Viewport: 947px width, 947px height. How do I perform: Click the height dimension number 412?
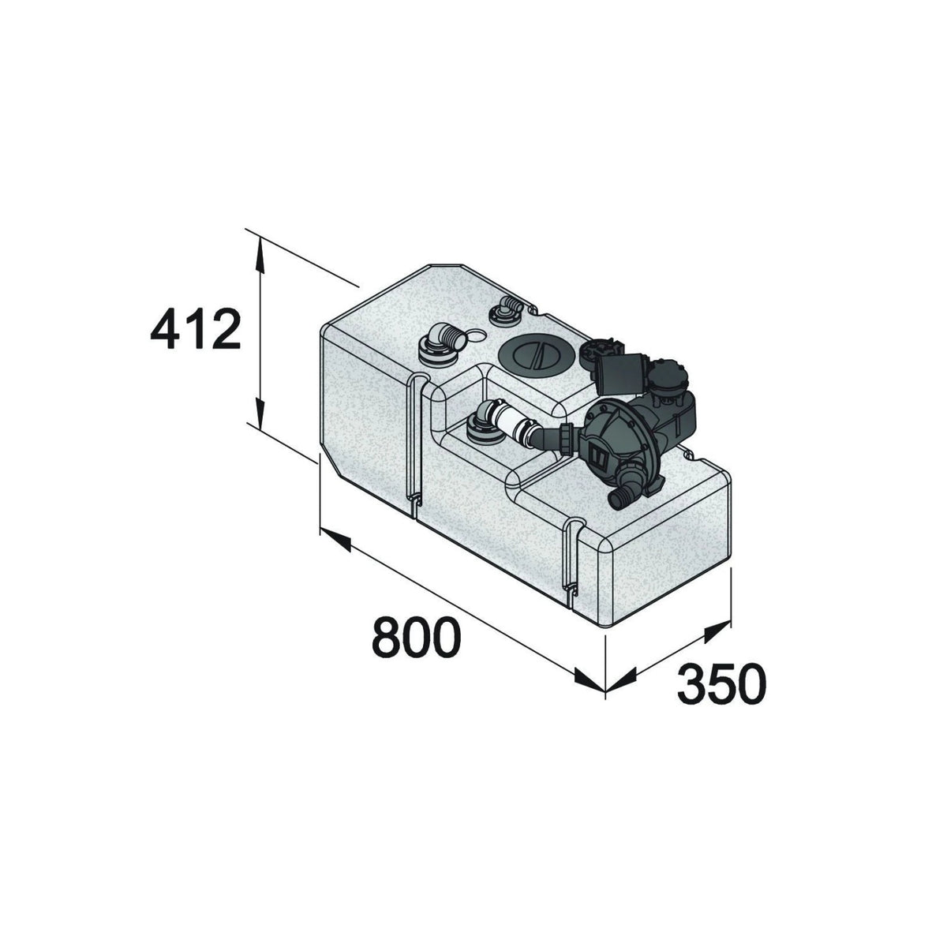196,330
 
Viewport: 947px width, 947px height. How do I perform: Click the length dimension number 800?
417,638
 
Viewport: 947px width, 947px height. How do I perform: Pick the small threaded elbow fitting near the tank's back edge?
506,311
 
